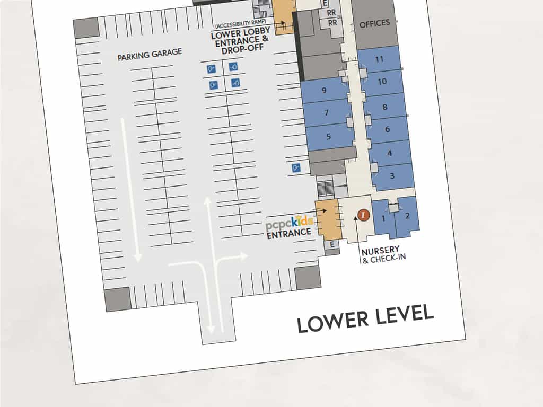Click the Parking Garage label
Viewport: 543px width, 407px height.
coord(150,55)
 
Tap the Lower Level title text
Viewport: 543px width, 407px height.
coord(365,318)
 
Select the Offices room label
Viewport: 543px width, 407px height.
coord(375,24)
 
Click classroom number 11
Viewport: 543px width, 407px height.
coord(379,59)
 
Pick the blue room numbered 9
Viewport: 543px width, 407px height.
coord(324,90)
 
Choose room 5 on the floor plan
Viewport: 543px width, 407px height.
coord(328,137)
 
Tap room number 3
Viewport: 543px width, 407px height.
coord(392,176)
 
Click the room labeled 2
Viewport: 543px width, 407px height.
coord(407,216)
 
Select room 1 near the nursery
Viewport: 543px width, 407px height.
coord(383,218)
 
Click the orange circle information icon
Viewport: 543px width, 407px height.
coord(363,215)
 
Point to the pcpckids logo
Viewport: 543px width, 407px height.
coord(290,223)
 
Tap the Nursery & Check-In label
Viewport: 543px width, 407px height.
coord(383,254)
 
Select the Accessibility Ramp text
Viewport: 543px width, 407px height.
coord(241,24)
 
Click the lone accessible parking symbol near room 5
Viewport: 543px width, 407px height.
coord(296,168)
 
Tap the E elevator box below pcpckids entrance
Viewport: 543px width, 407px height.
coord(332,245)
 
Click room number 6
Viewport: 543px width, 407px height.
coord(387,129)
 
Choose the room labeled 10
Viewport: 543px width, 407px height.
coord(382,82)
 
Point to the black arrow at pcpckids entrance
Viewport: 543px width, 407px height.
coord(320,210)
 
